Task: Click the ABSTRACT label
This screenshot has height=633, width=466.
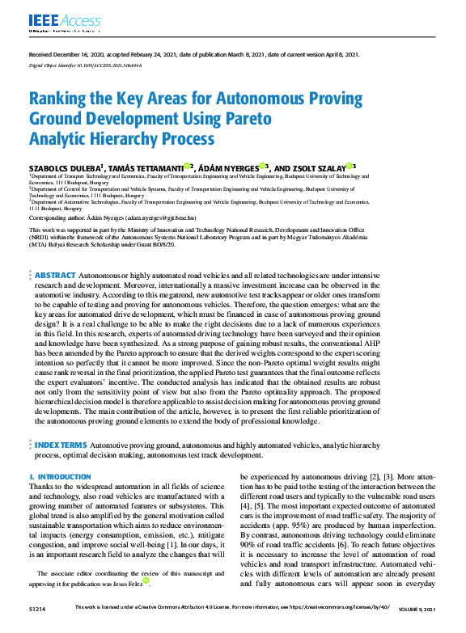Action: point(55,276)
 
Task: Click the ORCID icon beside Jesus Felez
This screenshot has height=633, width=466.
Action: point(146,580)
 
